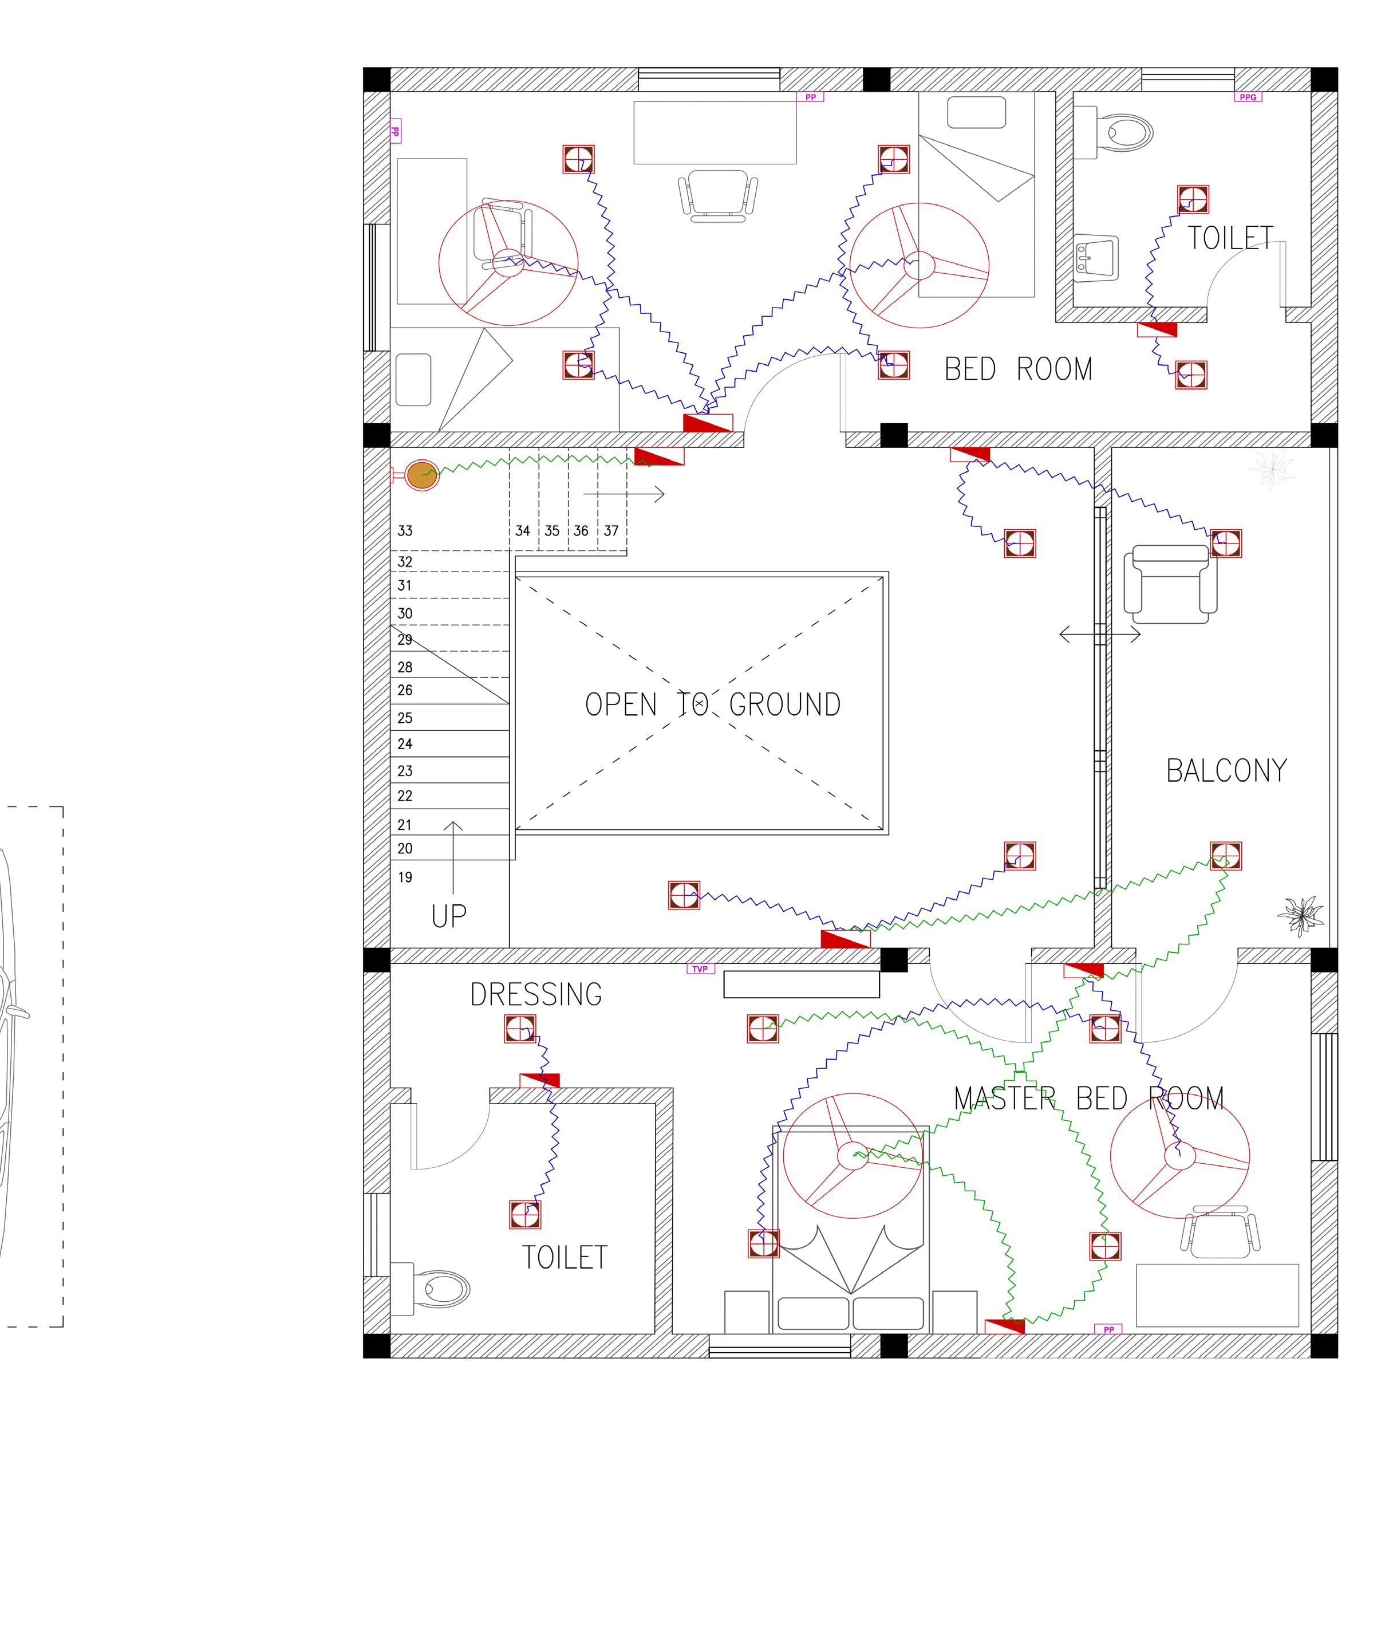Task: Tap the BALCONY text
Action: [x=1226, y=771]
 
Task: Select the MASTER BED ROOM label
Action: [x=1089, y=1098]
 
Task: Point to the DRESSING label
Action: [x=536, y=995]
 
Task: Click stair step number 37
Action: [x=611, y=531]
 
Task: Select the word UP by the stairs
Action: [x=449, y=916]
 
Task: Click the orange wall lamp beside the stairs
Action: [x=422, y=475]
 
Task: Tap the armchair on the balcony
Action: [x=1170, y=584]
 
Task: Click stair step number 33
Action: [x=405, y=531]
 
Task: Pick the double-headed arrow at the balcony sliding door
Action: [x=1099, y=634]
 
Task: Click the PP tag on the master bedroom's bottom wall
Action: [x=1108, y=1329]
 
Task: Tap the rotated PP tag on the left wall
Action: [x=395, y=132]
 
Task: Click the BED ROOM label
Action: [x=1018, y=369]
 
